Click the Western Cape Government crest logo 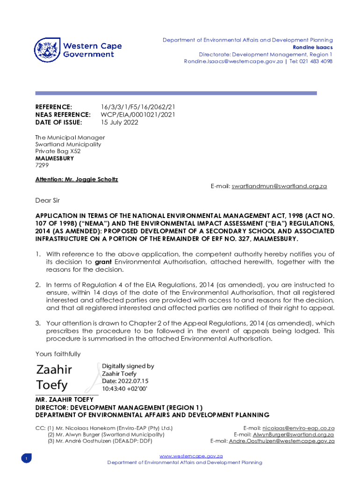click(x=47, y=51)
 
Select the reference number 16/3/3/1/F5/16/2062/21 click(x=138, y=107)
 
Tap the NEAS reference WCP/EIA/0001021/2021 click(x=138, y=115)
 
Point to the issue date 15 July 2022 click(x=120, y=123)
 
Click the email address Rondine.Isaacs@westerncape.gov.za click(x=233, y=62)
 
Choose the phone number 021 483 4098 click(x=317, y=62)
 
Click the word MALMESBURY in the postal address click(x=54, y=159)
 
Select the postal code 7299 click(x=42, y=166)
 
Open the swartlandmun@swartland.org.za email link click(x=279, y=187)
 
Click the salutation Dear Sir click(x=48, y=201)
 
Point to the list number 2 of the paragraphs click(x=38, y=285)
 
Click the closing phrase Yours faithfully click(x=58, y=354)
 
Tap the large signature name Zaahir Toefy click(x=54, y=377)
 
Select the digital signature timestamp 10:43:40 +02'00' click(x=125, y=389)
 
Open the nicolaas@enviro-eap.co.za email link click(x=298, y=428)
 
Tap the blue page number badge click(x=27, y=459)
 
